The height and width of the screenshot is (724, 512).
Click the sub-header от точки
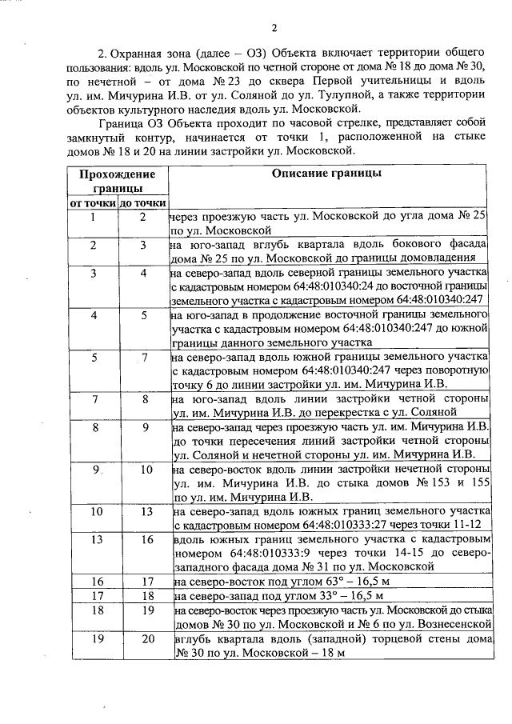93,203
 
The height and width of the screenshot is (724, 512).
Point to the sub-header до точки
142,203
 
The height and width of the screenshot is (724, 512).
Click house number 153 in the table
438,484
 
